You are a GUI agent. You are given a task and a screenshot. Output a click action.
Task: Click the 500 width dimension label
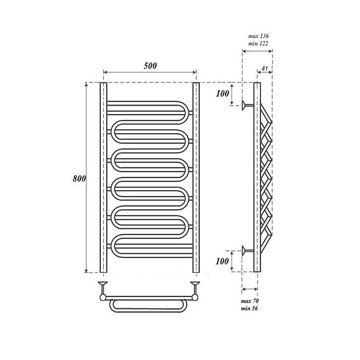point(150,66)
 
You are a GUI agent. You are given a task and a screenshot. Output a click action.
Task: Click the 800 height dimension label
point(79,178)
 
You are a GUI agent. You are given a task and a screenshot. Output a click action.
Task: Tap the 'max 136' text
point(258,36)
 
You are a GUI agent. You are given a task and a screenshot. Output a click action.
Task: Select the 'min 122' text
point(258,43)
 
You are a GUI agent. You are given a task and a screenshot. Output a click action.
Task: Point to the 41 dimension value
point(265,68)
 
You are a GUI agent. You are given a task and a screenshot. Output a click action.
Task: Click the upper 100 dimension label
point(223,94)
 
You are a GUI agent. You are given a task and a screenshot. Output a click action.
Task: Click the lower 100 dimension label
point(222,261)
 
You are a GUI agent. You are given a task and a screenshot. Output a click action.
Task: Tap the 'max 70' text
point(250,301)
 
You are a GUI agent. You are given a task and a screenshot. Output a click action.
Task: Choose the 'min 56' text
point(250,308)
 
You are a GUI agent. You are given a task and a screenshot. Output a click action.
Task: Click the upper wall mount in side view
point(247,106)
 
